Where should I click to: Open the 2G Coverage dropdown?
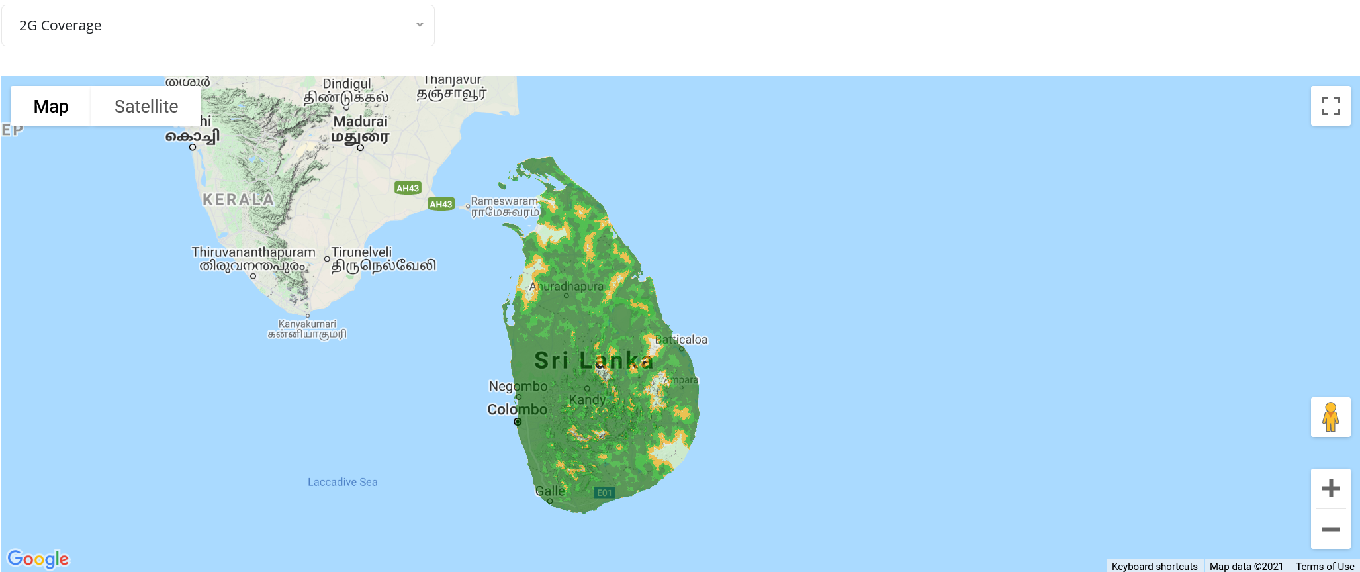pos(218,26)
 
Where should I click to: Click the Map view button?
pos(51,107)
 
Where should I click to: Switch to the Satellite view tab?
pos(146,107)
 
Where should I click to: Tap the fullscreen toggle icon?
pos(1330,106)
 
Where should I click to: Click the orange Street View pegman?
pos(1330,417)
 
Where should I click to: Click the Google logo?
pos(38,559)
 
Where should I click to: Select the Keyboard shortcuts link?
pos(1154,566)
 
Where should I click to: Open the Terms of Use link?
pos(1324,566)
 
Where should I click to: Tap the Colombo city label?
pos(517,410)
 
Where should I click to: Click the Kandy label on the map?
pos(587,400)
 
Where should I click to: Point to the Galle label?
pos(550,491)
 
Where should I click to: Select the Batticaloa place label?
pos(681,340)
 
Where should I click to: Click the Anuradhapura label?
pos(567,287)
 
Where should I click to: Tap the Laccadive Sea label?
pos(342,482)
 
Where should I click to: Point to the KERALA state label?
pos(238,199)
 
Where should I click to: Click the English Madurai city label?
pos(360,122)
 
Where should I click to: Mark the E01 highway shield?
pos(604,493)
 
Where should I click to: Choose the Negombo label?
pos(518,386)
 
